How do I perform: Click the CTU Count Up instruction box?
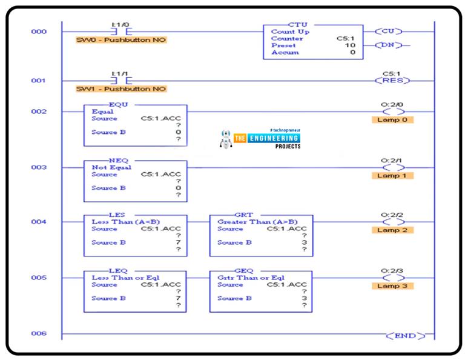313,42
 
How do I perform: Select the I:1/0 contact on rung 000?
121,30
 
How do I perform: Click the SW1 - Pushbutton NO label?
120,89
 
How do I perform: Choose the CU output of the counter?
389,31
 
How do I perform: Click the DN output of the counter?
389,45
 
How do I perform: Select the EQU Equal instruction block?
135,125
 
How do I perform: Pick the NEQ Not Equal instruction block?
135,181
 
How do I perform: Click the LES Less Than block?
135,235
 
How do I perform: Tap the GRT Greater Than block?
261,235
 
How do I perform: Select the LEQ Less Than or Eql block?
135,291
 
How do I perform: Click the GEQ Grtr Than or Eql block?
261,291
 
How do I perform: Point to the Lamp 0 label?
392,120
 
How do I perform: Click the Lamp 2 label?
392,230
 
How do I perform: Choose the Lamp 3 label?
392,285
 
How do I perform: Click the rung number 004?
39,222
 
